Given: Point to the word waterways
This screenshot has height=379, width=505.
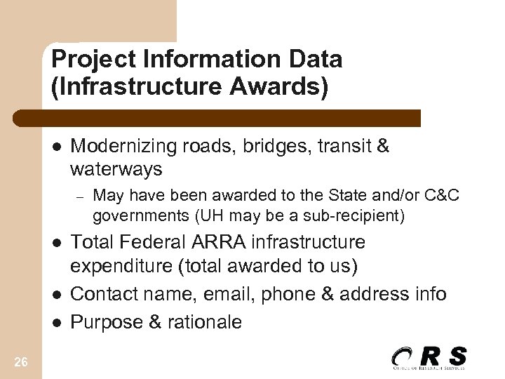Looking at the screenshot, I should pos(116,169).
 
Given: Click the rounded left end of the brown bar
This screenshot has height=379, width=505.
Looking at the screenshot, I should pos(29,118).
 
